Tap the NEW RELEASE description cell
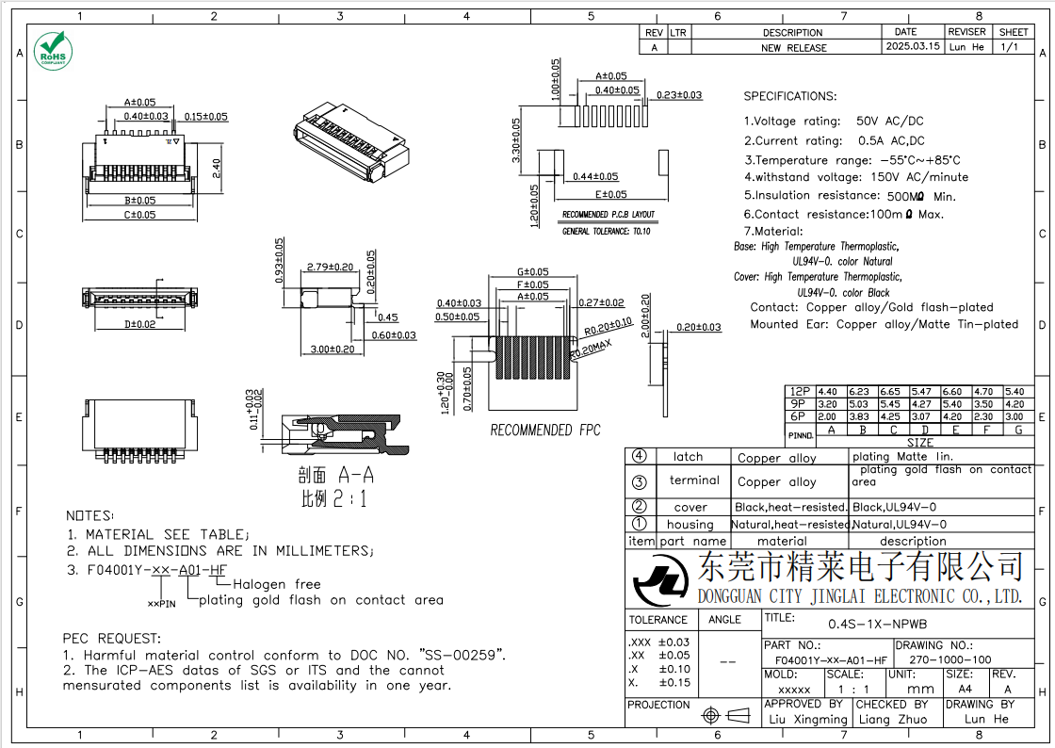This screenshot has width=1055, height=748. [793, 47]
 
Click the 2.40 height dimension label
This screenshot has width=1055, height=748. [216, 168]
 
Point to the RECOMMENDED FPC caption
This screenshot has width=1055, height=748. [544, 431]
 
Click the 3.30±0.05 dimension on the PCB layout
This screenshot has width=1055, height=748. [515, 140]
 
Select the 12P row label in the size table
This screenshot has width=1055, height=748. [800, 391]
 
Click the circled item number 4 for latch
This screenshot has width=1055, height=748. [640, 456]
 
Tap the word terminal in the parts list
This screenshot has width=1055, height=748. [694, 480]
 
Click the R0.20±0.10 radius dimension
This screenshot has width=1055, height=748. [608, 326]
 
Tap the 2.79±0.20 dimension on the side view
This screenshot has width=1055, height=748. [330, 268]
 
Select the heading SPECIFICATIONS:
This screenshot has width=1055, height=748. [789, 96]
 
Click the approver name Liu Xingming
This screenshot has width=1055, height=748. [806, 719]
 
